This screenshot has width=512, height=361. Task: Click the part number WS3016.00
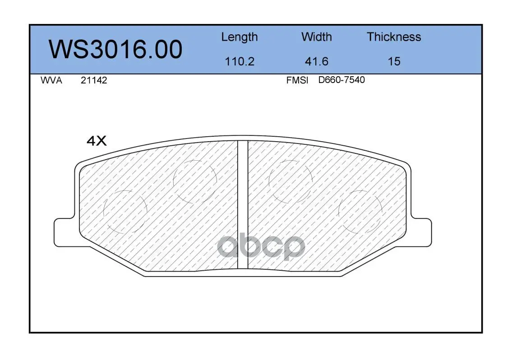tap(115, 49)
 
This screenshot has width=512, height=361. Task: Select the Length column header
tap(240, 37)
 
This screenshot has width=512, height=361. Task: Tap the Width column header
tap(316, 37)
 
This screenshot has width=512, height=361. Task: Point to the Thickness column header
tap(394, 37)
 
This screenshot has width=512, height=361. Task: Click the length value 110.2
tap(240, 61)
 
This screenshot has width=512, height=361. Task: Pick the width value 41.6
tap(316, 61)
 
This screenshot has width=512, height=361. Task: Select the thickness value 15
tap(394, 61)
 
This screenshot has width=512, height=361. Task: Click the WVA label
tap(51, 80)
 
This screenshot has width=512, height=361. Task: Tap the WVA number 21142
tap(94, 80)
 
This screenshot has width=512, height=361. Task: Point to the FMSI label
tap(297, 80)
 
